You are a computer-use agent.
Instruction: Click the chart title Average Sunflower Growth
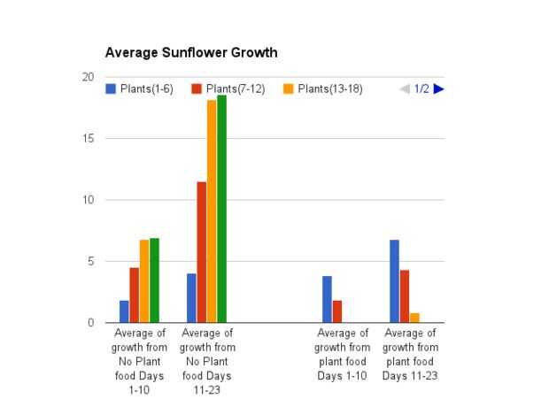click(190, 52)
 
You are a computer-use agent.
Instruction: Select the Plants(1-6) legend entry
click(143, 88)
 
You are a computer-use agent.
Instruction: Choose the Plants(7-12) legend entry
click(228, 88)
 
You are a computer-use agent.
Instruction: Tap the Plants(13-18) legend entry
click(322, 88)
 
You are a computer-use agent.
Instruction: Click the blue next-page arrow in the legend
click(438, 88)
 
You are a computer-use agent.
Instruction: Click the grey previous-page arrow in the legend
click(405, 88)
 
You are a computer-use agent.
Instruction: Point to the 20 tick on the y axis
click(88, 77)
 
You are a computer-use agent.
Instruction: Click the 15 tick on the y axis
click(88, 139)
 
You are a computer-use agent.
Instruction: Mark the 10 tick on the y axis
click(88, 200)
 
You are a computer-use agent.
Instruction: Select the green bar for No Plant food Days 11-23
click(222, 209)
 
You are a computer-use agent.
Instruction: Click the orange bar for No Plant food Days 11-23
click(212, 211)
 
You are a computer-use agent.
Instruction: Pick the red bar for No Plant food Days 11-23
click(202, 252)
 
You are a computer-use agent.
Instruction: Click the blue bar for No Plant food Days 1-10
click(124, 311)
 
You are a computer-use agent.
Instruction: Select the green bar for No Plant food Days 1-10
click(155, 280)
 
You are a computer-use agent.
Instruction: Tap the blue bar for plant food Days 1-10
click(327, 299)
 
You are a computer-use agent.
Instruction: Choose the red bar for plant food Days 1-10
click(337, 311)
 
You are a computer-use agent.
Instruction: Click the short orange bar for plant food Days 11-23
click(414, 318)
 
